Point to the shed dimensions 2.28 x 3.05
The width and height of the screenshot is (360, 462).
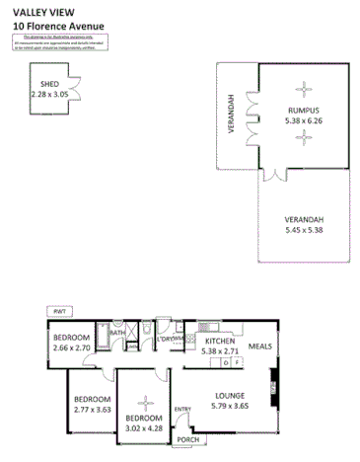coord(49,96)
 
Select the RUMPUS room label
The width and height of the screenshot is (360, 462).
coord(304,110)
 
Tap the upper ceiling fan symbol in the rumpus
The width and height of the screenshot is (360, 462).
coord(304,85)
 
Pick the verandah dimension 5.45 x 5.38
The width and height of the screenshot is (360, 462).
coord(304,230)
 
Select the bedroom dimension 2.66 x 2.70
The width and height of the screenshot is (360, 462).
coord(72,348)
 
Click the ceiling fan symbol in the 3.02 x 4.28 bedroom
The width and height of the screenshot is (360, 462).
coord(147,403)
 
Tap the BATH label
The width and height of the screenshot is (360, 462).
coord(117,334)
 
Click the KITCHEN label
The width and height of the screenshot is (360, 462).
coord(219,341)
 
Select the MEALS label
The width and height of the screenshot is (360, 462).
coord(260,346)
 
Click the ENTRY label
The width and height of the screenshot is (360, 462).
coord(182,409)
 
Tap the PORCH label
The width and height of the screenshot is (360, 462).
coord(187,441)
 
